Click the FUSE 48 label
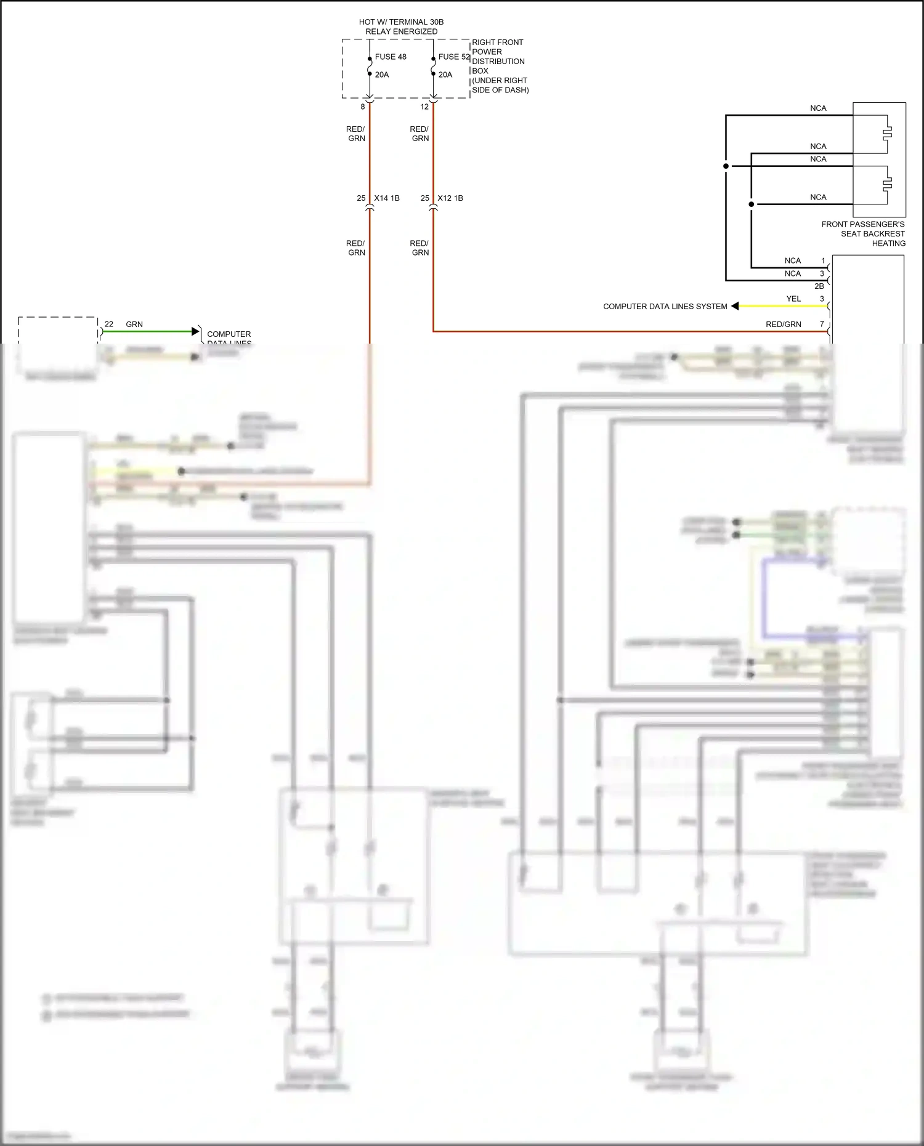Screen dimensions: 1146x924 tap(390, 57)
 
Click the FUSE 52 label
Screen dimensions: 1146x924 tap(453, 57)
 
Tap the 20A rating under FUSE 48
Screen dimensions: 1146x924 tap(382, 75)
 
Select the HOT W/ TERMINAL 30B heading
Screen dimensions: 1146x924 tap(401, 22)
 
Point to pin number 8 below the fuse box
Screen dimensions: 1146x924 tap(363, 107)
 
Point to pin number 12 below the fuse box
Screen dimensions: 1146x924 tap(424, 107)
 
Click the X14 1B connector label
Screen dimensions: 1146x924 tap(387, 198)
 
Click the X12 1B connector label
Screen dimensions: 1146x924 tap(450, 198)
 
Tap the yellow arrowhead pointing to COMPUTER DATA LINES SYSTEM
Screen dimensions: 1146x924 tap(735, 306)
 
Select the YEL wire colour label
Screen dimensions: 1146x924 tap(793, 299)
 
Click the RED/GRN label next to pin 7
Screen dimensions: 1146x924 tap(783, 324)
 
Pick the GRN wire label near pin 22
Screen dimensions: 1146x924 tap(134, 324)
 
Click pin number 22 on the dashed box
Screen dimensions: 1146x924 tap(109, 324)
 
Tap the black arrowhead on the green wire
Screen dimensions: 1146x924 tap(197, 331)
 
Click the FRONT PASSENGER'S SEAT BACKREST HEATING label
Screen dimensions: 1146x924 tap(863, 233)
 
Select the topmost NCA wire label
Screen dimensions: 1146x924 tap(818, 108)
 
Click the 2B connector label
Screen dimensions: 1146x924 tap(819, 286)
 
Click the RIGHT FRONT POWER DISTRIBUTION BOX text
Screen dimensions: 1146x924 tap(498, 66)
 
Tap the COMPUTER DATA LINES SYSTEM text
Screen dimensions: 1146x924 tap(665, 306)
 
